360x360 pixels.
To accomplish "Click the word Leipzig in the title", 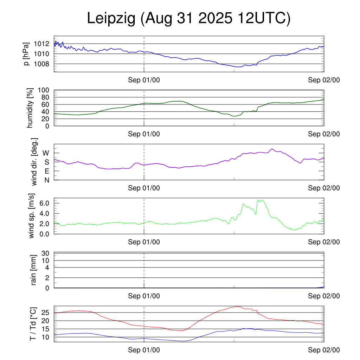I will [111, 19].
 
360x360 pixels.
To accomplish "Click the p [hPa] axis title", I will [26, 54].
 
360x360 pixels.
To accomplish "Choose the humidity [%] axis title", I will [30, 108].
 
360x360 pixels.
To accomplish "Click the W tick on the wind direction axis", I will [46, 153].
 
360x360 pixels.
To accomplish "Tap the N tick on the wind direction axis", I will [46, 180].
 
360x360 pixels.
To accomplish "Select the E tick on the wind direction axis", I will [46, 171].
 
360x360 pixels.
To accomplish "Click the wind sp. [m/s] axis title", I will [32, 216].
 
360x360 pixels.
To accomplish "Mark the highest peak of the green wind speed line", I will [262, 200].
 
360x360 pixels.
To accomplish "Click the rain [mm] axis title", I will [34, 270].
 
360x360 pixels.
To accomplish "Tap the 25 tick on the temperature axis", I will [46, 313].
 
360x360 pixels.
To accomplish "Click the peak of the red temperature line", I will [238, 307].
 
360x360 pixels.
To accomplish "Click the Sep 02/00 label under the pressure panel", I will [324, 80].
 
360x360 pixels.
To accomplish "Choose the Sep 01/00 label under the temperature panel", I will [144, 350].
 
